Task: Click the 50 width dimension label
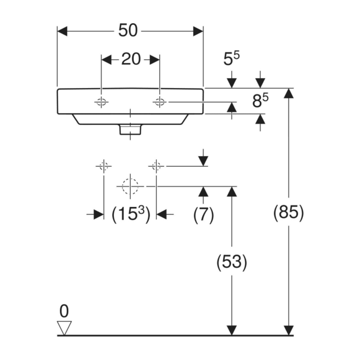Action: pyautogui.click(x=128, y=30)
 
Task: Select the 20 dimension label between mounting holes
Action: pyautogui.click(x=131, y=59)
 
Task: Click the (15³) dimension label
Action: pyautogui.click(x=131, y=214)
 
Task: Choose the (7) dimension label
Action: pyautogui.click(x=204, y=215)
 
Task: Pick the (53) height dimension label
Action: pyautogui.click(x=232, y=262)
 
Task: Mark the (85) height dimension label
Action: pyautogui.click(x=288, y=212)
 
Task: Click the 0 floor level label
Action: pyautogui.click(x=64, y=311)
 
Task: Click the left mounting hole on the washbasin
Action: pyautogui.click(x=101, y=102)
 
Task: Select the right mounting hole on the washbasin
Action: pyautogui.click(x=160, y=102)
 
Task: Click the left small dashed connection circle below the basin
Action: pyautogui.click(x=104, y=166)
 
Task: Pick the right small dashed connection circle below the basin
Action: pyautogui.click(x=156, y=166)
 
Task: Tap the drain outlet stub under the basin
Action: pyautogui.click(x=130, y=130)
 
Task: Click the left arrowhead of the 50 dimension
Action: pyautogui.click(x=62, y=31)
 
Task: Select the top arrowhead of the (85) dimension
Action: pyautogui.click(x=288, y=93)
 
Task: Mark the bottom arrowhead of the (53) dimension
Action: pyautogui.click(x=232, y=330)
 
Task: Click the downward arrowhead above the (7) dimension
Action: pyautogui.click(x=203, y=161)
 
